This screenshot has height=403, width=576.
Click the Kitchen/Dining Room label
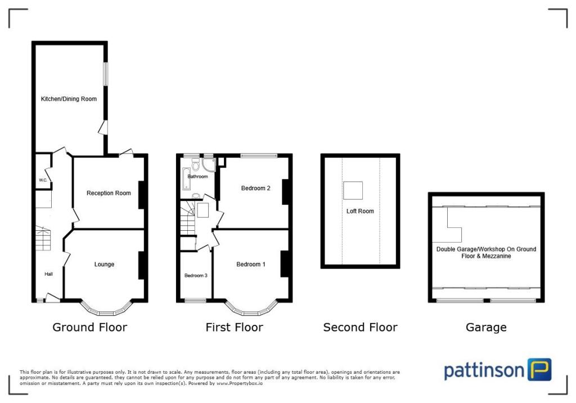click(x=69, y=99)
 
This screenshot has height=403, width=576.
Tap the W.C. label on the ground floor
click(x=43, y=180)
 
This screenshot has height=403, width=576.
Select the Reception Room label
click(x=109, y=193)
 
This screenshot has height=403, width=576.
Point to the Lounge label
click(x=104, y=265)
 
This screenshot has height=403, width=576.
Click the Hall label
click(x=49, y=274)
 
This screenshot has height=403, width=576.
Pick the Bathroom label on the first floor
click(x=197, y=177)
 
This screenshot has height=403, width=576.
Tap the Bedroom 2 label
click(x=256, y=188)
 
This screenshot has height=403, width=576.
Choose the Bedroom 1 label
click(x=251, y=265)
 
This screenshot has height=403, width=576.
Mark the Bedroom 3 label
click(x=196, y=276)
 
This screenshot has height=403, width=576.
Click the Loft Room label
click(x=360, y=211)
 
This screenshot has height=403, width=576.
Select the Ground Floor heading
click(x=90, y=327)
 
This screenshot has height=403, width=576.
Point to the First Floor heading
click(x=234, y=327)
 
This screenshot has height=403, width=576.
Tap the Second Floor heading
click(x=360, y=327)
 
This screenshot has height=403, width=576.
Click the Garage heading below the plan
click(x=486, y=327)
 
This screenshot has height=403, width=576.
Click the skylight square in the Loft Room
click(x=353, y=191)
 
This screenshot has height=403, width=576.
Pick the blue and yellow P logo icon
click(x=539, y=370)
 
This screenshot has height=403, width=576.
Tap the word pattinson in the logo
click(x=484, y=371)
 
